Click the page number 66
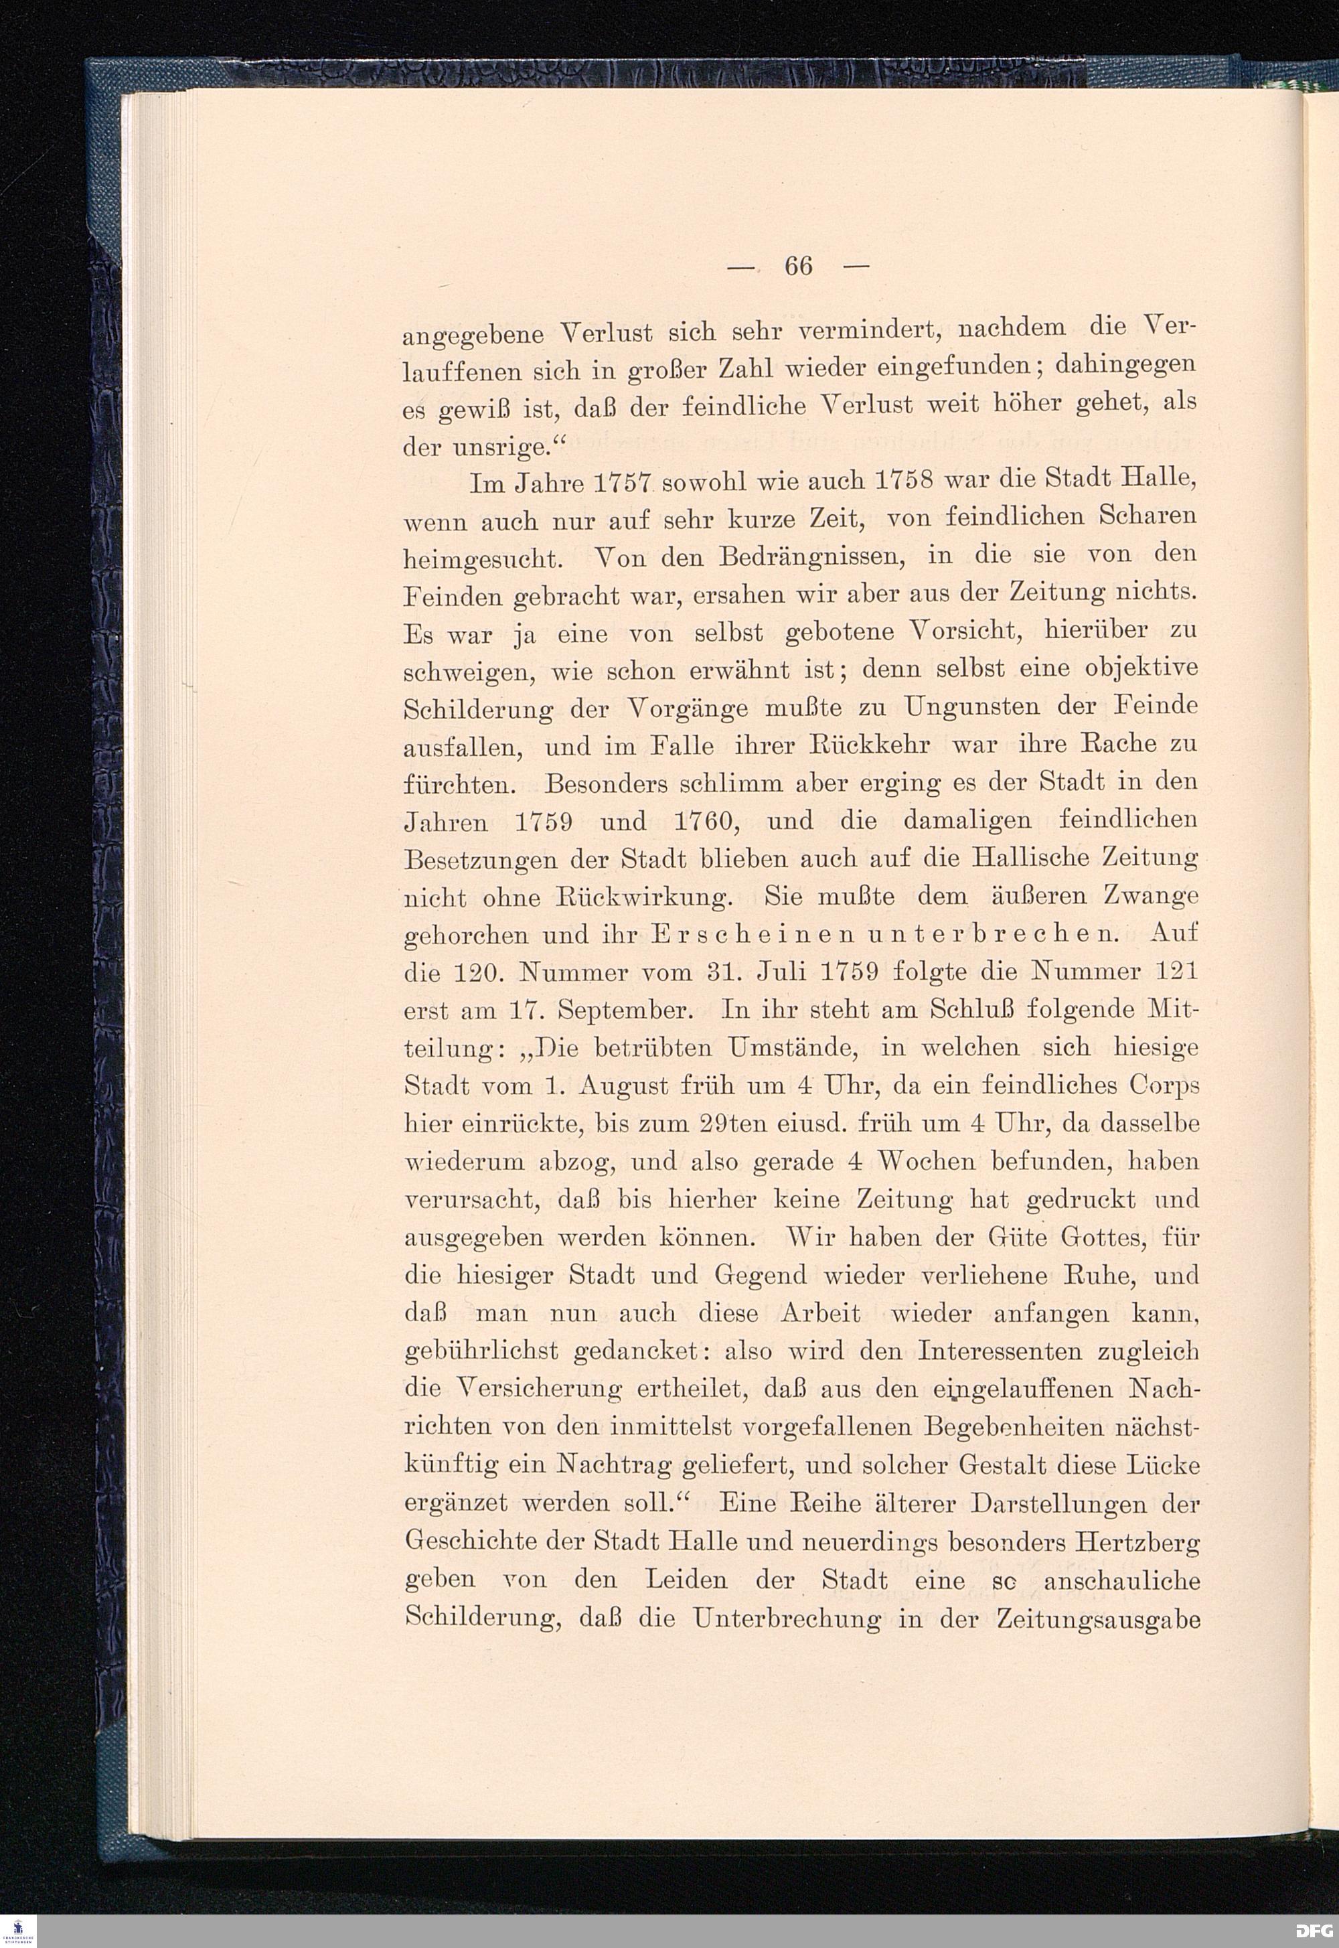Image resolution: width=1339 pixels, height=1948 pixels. (798, 266)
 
